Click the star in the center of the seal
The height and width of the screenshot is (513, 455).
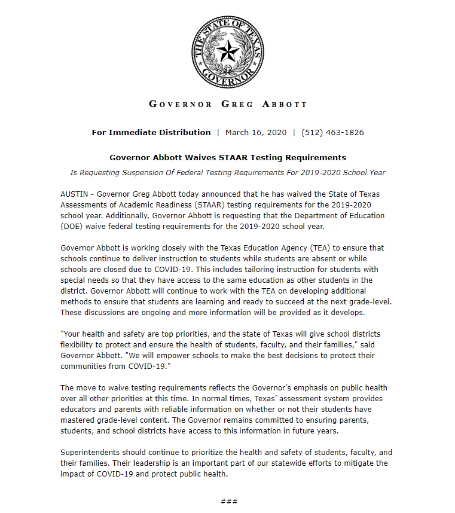[x=227, y=51]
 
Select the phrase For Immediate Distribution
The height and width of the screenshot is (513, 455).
[x=151, y=132]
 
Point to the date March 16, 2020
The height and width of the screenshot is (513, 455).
[x=256, y=132]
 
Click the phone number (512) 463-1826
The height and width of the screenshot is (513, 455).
[x=332, y=132]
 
